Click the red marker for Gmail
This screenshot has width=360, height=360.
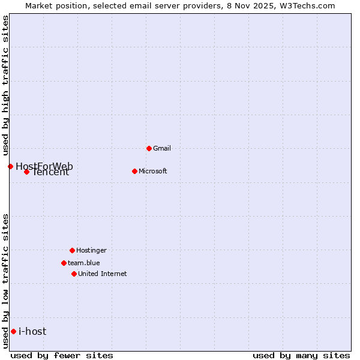[149, 148]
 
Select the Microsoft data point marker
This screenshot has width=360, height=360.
[134, 171]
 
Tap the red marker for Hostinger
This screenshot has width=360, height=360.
[72, 250]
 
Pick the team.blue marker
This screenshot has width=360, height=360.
[64, 263]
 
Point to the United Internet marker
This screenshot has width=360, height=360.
[74, 274]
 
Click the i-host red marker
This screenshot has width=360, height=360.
[13, 331]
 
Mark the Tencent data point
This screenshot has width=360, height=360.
[26, 172]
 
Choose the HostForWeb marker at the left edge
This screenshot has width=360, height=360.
[10, 166]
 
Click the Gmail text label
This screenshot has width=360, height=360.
[162, 148]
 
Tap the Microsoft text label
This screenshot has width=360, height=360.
[152, 171]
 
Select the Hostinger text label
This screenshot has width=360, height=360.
[91, 250]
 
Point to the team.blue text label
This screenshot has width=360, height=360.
[84, 263]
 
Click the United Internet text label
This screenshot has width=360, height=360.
[102, 274]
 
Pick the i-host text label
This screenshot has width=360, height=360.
[32, 331]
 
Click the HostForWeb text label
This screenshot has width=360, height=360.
[44, 166]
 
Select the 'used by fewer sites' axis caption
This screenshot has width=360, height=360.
[62, 355]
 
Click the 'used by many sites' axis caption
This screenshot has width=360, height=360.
[301, 355]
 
